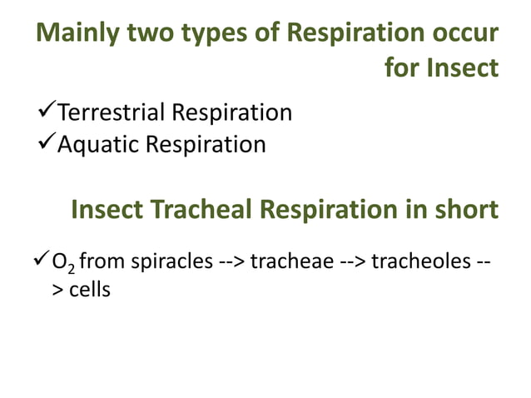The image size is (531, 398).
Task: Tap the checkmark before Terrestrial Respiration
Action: pos(46,111)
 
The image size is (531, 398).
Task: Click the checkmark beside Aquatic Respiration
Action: pos(46,143)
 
